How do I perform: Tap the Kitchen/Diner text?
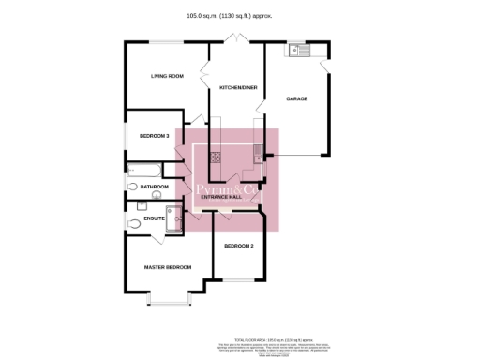click(237, 87)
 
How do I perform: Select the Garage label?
click(296, 98)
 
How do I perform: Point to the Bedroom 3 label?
click(154, 136)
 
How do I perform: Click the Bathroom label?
click(154, 187)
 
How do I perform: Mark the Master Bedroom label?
click(168, 267)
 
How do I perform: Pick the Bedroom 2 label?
click(239, 246)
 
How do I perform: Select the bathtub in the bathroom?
click(143, 170)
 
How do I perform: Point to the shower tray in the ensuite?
click(174, 221)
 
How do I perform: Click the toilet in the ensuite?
click(134, 223)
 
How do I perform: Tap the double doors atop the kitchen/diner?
click(237, 41)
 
